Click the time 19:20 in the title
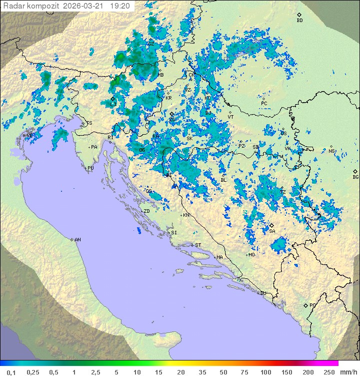point(120,6)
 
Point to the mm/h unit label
point(348,372)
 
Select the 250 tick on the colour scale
point(329,372)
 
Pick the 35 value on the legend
point(203,372)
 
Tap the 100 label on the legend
point(266,372)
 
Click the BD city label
point(299,21)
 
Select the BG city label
point(355,177)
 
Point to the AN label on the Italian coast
point(77,240)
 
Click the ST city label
point(198,245)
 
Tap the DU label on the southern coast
point(262,293)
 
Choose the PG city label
point(312,305)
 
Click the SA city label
point(272,231)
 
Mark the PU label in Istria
point(90,168)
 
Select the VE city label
point(30,136)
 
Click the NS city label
point(331,151)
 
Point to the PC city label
point(264,104)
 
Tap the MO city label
point(252,255)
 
